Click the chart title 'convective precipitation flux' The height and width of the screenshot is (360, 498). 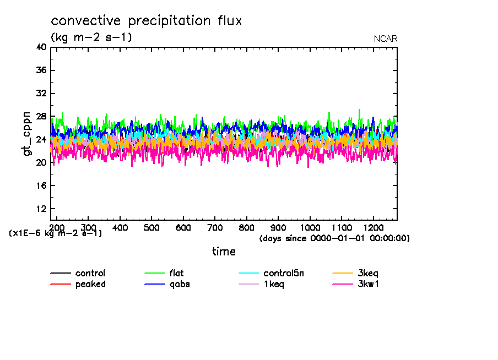pos(147,21)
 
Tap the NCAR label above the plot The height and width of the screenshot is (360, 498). pos(385,39)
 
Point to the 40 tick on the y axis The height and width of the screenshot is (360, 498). pos(40,47)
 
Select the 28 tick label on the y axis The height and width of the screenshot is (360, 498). pos(40,117)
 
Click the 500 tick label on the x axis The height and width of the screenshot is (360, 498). pos(151,227)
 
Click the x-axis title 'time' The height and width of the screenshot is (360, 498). pos(224,252)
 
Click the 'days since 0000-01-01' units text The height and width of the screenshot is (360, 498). pos(334,238)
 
